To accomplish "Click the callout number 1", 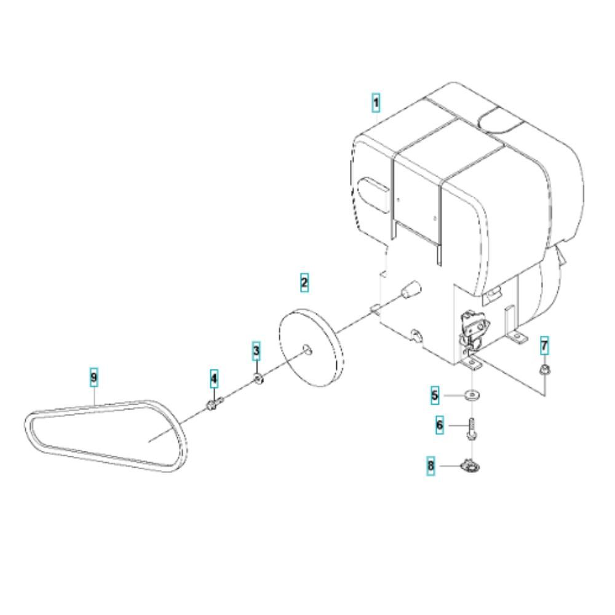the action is [x=376, y=103].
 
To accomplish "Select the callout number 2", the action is [x=304, y=282].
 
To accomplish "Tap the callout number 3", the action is [x=256, y=351].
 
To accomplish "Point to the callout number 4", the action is [x=214, y=378].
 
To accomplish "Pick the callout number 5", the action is [x=435, y=395].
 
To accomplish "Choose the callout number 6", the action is [x=439, y=425].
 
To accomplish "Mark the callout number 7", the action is [x=544, y=346].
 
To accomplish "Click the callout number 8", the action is [x=430, y=466].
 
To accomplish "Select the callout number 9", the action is [x=93, y=378].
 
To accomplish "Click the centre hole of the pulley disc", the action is [x=307, y=349].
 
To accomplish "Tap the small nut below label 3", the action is [x=258, y=379].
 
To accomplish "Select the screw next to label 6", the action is [x=472, y=429].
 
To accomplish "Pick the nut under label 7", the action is [x=544, y=368].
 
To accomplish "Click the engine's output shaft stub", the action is [x=409, y=289].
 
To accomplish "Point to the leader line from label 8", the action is [x=450, y=466].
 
